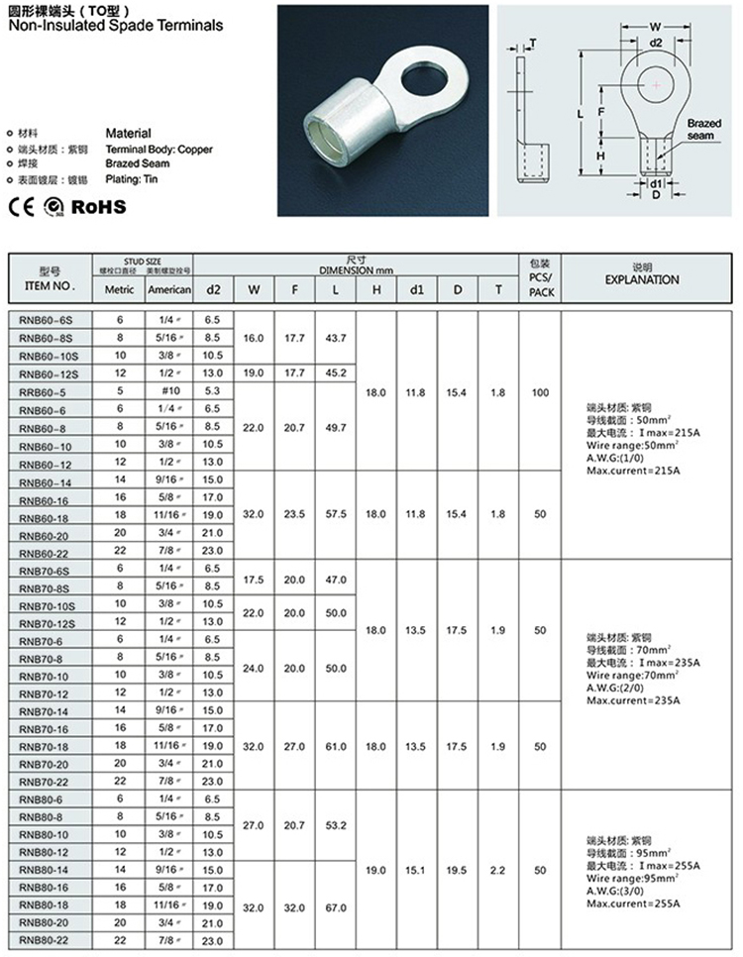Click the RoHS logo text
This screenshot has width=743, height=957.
point(99,206)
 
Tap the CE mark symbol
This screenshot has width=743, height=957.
point(21,207)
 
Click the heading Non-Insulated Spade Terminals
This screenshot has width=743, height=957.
point(116,26)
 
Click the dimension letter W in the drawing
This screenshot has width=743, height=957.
point(655,27)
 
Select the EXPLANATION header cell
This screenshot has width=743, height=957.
point(641,279)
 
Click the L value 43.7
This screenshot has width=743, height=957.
point(336,339)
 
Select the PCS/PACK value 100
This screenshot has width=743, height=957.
point(539,393)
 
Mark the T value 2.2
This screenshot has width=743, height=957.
point(497,870)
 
